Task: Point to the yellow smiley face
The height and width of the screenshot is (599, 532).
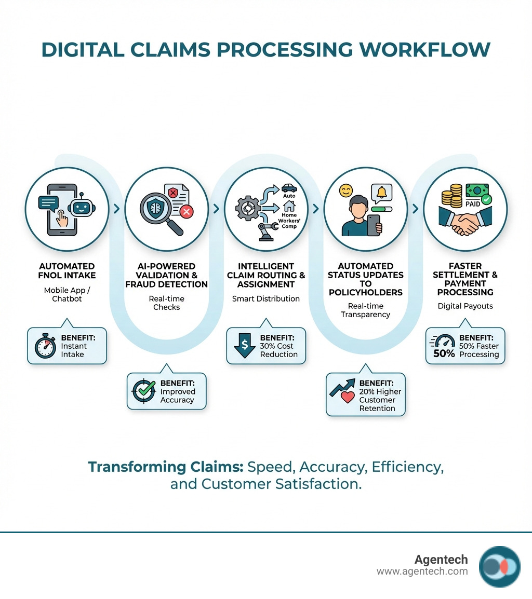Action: pos(345,190)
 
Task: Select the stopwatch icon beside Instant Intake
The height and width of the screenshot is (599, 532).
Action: pos(45,347)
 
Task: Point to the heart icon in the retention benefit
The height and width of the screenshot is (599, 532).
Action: pos(347,398)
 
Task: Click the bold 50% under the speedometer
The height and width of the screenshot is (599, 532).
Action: pos(444,354)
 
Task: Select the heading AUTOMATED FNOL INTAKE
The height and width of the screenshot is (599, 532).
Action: pos(67,270)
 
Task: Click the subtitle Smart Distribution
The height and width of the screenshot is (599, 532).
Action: pos(266,298)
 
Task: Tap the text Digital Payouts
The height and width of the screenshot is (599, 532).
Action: pos(465,306)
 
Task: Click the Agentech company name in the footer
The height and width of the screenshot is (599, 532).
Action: pos(441,560)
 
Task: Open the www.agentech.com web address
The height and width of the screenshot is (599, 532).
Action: pos(422,571)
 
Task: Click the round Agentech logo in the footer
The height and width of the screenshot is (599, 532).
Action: pos(499,566)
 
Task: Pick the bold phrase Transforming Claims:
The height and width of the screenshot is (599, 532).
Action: pos(165,467)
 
